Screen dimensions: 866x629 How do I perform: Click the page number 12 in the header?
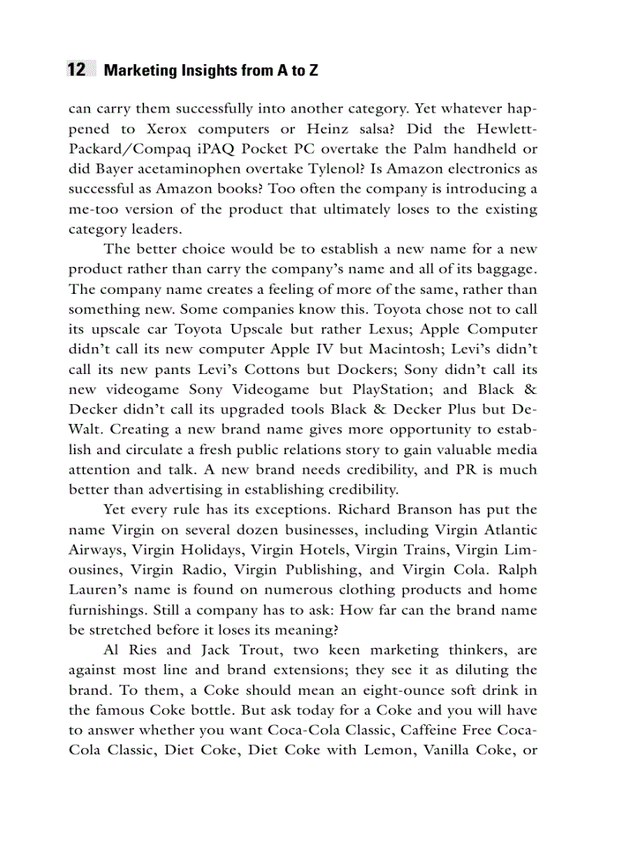(76, 70)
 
